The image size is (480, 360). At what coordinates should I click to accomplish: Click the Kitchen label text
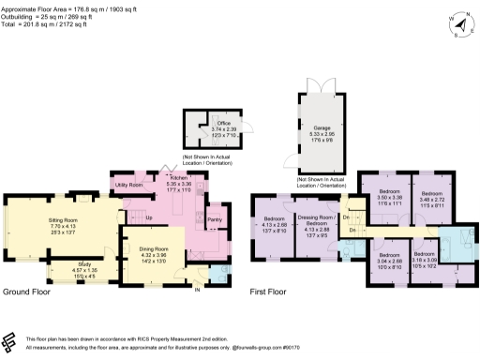[x=179, y=177]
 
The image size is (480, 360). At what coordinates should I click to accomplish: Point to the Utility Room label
[x=128, y=186]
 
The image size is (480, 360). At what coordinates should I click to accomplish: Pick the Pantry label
[x=214, y=219]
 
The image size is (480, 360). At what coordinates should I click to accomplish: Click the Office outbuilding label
[x=223, y=123]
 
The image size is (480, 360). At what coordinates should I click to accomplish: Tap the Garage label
[x=322, y=127]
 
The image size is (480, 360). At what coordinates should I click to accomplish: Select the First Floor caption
[x=267, y=292]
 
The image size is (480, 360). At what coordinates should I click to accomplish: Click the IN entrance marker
[x=197, y=290]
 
